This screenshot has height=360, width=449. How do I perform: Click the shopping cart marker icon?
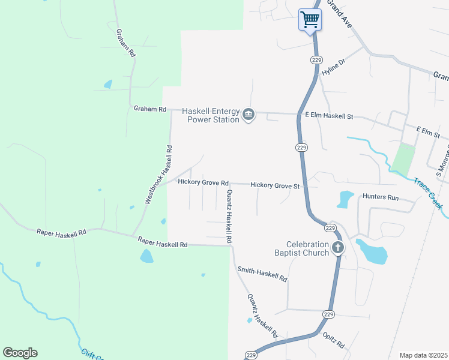[310, 19]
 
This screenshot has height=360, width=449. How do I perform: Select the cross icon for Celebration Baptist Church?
[338, 247]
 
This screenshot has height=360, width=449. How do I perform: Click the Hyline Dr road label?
[334, 67]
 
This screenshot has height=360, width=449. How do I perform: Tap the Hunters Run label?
[381, 197]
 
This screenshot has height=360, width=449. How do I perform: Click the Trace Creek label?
[429, 193]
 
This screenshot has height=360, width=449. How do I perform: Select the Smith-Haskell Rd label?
[262, 275]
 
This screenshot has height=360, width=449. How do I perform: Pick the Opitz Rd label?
[333, 340]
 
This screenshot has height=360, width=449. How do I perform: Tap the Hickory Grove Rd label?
[203, 182]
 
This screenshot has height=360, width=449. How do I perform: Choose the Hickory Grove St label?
[275, 186]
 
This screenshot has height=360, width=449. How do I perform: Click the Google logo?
[20, 353]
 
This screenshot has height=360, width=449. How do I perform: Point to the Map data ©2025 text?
[423, 355]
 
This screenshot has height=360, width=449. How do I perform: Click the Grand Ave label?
[339, 14]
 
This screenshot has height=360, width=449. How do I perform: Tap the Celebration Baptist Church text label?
[307, 248]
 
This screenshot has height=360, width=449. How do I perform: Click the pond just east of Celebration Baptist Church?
[372, 251]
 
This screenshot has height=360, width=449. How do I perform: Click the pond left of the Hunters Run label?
[346, 199]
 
